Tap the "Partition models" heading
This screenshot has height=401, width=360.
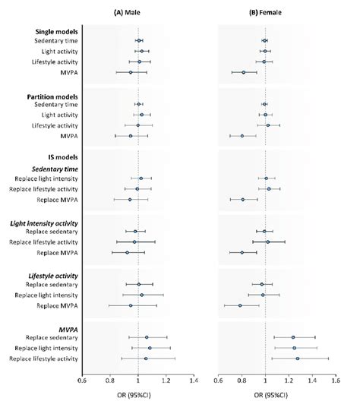click(x=52, y=95)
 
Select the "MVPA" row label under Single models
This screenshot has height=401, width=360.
click(x=67, y=72)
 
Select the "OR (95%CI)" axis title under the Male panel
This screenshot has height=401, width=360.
click(x=137, y=391)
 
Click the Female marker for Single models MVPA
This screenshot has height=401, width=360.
click(x=244, y=72)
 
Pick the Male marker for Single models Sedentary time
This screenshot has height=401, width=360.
click(x=139, y=40)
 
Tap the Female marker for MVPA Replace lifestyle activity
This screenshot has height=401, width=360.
click(x=297, y=358)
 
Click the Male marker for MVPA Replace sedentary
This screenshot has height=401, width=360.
click(x=147, y=337)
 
